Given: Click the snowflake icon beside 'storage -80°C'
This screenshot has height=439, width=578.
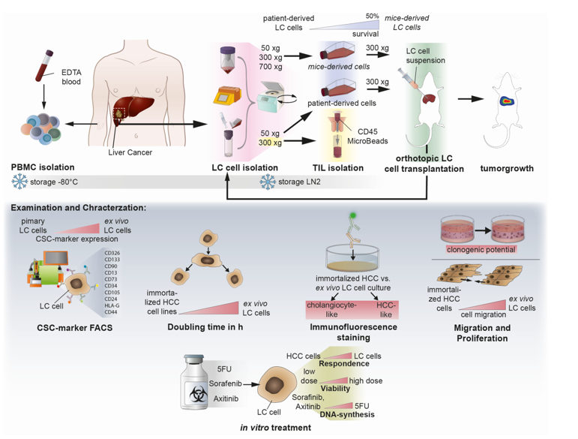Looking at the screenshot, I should pyautogui.click(x=20, y=182).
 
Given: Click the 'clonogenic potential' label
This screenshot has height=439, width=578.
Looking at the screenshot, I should pyautogui.click(x=480, y=249).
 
